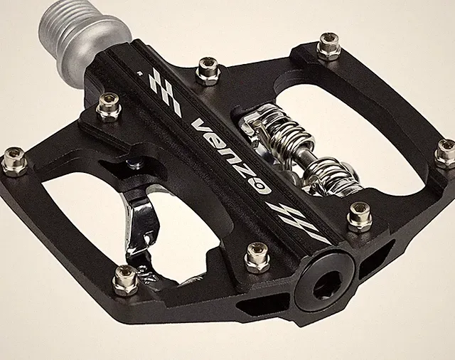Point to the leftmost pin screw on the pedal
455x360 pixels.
(x=14, y=162)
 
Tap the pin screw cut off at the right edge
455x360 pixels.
(x=446, y=154)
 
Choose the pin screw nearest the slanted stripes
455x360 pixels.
(x=360, y=218)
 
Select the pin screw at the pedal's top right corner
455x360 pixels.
(x=330, y=47)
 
